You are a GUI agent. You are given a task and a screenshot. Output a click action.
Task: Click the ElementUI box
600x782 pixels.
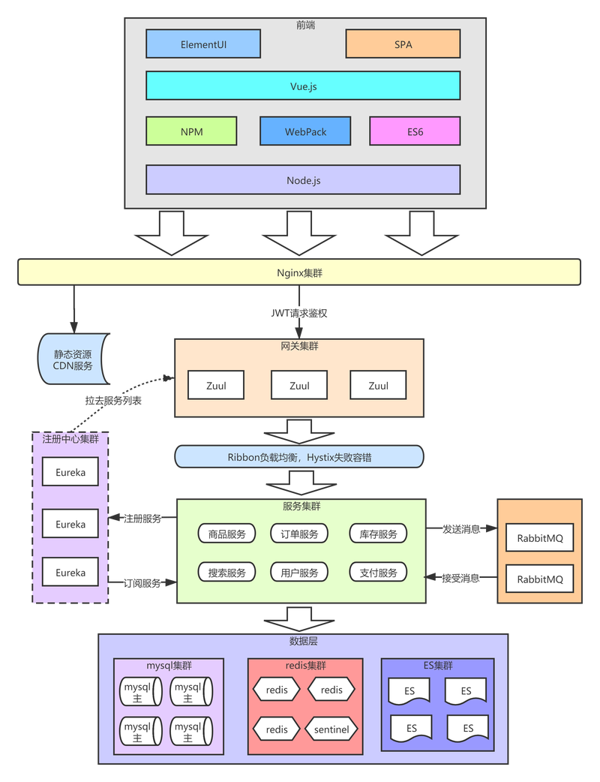pyautogui.click(x=203, y=44)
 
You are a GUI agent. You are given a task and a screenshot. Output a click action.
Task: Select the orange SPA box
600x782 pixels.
pyautogui.click(x=403, y=44)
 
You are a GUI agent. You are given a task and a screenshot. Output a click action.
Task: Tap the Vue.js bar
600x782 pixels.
pyautogui.click(x=303, y=86)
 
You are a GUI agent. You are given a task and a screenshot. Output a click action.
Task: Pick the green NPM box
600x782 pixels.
pyautogui.click(x=191, y=131)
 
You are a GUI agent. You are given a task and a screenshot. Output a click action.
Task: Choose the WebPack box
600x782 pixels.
pyautogui.click(x=305, y=131)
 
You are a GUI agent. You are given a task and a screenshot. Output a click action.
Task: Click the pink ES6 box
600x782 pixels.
pyautogui.click(x=415, y=131)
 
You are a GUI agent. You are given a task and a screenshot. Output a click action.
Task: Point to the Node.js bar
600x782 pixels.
pyautogui.click(x=303, y=180)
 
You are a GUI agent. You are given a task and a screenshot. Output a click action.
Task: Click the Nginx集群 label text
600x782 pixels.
pyautogui.click(x=299, y=273)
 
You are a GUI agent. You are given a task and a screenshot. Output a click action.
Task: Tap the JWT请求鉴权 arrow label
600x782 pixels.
pyautogui.click(x=299, y=313)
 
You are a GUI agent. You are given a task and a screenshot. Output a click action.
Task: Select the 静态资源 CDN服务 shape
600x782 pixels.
pyautogui.click(x=73, y=359)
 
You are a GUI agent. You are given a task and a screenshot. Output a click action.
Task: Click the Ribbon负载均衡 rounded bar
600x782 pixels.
pyautogui.click(x=299, y=457)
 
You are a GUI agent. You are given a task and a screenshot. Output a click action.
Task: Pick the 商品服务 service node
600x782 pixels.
pyautogui.click(x=226, y=534)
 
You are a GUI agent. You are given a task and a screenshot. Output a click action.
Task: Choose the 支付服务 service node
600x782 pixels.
pyautogui.click(x=378, y=573)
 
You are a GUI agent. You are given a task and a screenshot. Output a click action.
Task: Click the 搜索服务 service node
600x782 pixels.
pyautogui.click(x=226, y=573)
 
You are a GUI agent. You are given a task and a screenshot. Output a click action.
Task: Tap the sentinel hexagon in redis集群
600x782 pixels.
pyautogui.click(x=331, y=729)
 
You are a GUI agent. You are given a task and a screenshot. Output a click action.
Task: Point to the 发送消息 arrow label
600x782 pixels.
pyautogui.click(x=461, y=529)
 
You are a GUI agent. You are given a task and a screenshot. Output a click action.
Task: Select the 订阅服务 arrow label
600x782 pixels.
pyautogui.click(x=142, y=583)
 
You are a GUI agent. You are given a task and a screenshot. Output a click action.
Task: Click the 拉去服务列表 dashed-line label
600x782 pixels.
pyautogui.click(x=113, y=401)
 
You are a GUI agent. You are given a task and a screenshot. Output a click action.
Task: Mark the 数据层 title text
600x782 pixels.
pyautogui.click(x=303, y=642)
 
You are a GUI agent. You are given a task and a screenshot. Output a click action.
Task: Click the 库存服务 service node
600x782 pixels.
pyautogui.click(x=378, y=534)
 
